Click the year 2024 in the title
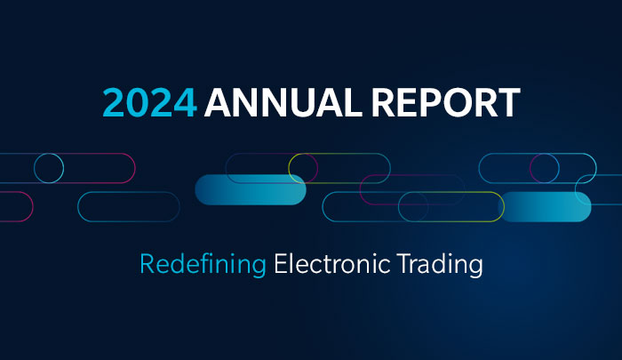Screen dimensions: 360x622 pos(149,103)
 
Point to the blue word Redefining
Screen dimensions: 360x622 pos(203,264)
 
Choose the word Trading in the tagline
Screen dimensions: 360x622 pos(443,264)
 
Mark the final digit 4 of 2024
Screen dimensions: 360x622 pos(185,103)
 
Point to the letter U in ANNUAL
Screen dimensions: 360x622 pos(290,103)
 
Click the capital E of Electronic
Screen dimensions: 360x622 pos(280,264)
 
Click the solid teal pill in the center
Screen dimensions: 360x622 pos(250,189)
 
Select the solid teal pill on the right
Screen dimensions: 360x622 pos(546,206)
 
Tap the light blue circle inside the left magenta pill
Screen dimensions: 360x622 pos(49,168)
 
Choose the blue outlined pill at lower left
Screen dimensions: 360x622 pos(128,206)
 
